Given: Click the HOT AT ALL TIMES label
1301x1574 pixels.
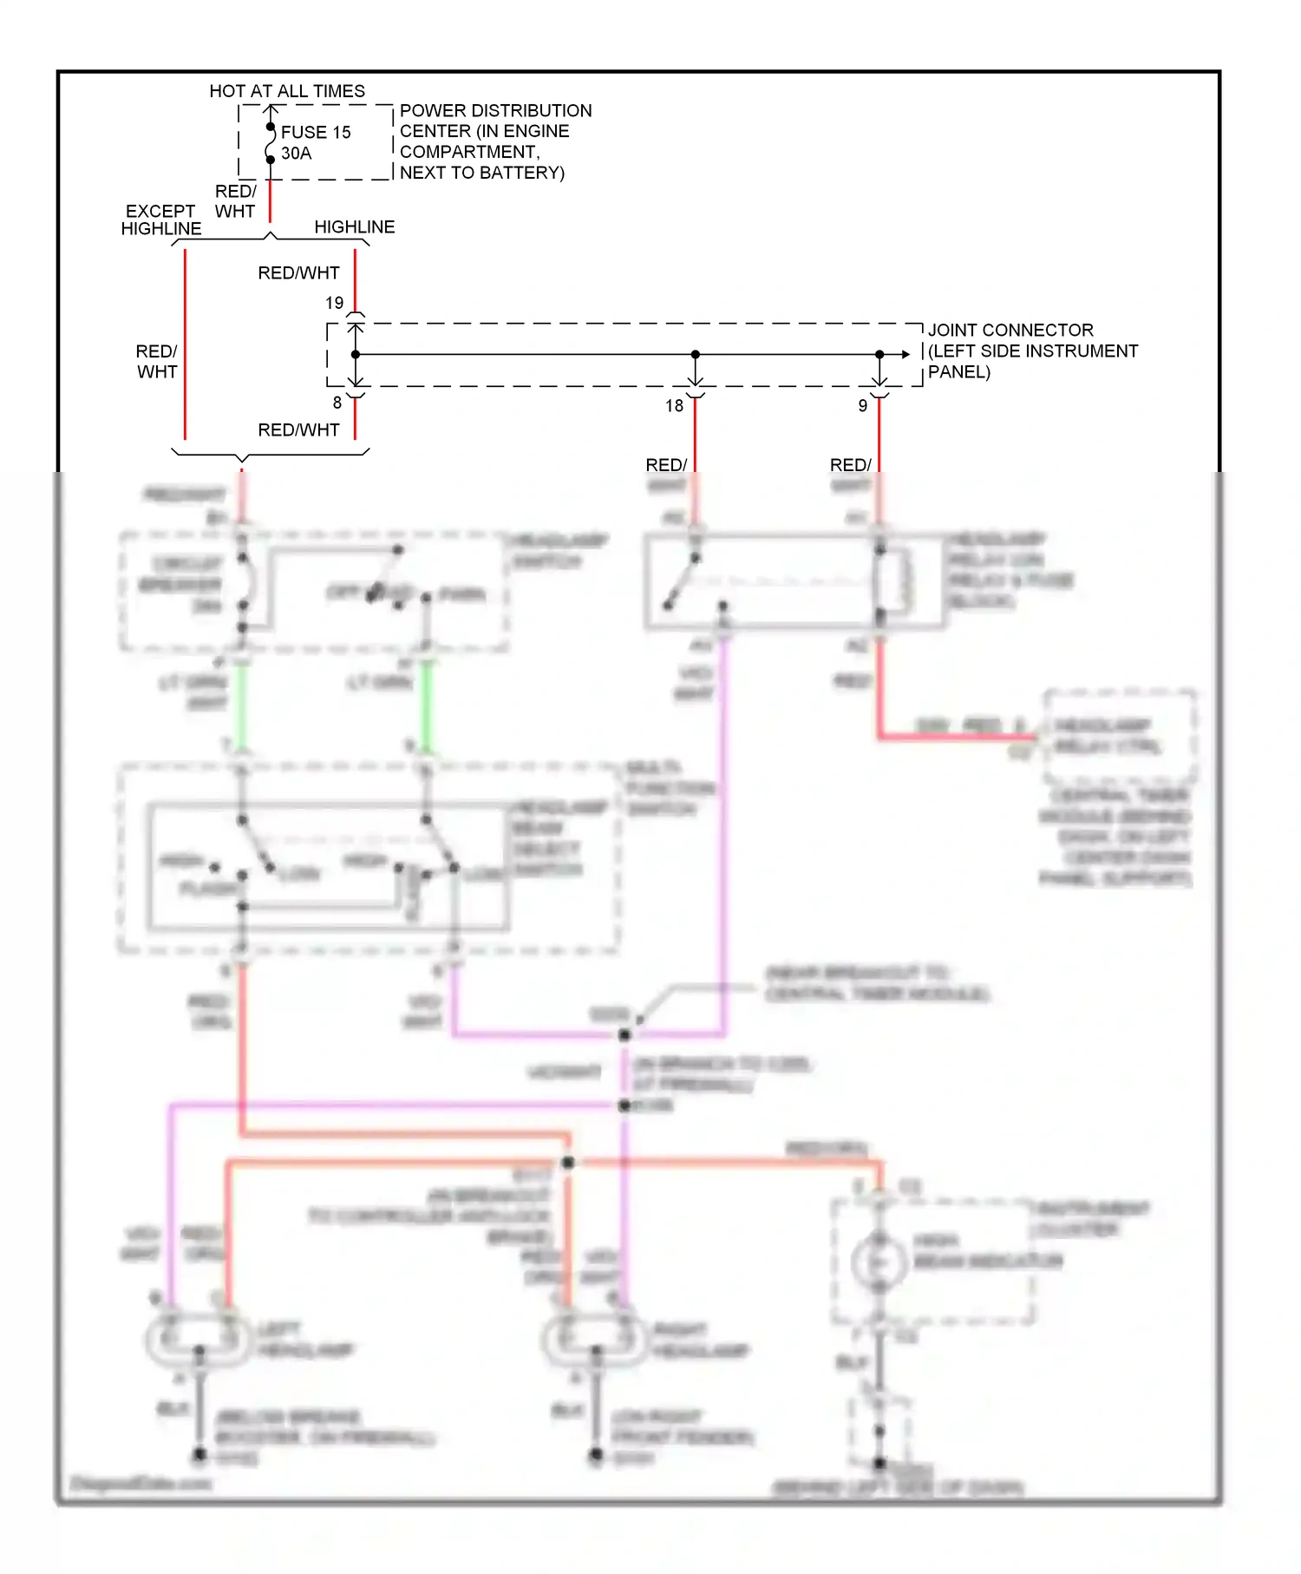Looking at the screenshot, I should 286,91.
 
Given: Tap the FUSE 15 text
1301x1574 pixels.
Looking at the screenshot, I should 315,132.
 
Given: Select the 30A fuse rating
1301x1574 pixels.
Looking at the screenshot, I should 296,154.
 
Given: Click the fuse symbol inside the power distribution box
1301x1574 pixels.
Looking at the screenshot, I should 270,143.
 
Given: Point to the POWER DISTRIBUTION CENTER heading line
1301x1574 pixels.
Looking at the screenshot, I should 495,111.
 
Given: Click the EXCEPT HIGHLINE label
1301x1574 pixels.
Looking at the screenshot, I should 160,220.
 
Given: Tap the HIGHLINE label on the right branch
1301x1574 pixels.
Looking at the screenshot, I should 354,226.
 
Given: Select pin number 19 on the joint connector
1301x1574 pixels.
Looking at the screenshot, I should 334,303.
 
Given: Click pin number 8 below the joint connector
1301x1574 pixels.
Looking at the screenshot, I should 337,403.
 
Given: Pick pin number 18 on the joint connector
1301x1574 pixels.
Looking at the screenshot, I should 674,405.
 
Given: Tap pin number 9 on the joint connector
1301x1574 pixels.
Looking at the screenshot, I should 862,405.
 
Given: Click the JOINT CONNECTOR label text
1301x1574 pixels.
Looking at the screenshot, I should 1010,330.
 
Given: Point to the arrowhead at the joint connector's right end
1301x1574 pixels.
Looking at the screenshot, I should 905,354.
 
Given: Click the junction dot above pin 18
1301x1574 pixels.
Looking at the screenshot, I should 695,354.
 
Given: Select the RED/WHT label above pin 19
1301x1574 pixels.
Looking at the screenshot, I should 298,273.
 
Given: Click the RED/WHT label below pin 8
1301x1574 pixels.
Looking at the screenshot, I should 298,430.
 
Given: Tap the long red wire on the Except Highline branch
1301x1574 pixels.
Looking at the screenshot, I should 185,347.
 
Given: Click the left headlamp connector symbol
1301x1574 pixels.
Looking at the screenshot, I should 199,1338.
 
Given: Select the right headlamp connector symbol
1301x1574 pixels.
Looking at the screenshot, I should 595,1338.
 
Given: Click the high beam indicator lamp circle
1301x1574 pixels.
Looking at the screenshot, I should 878,1262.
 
